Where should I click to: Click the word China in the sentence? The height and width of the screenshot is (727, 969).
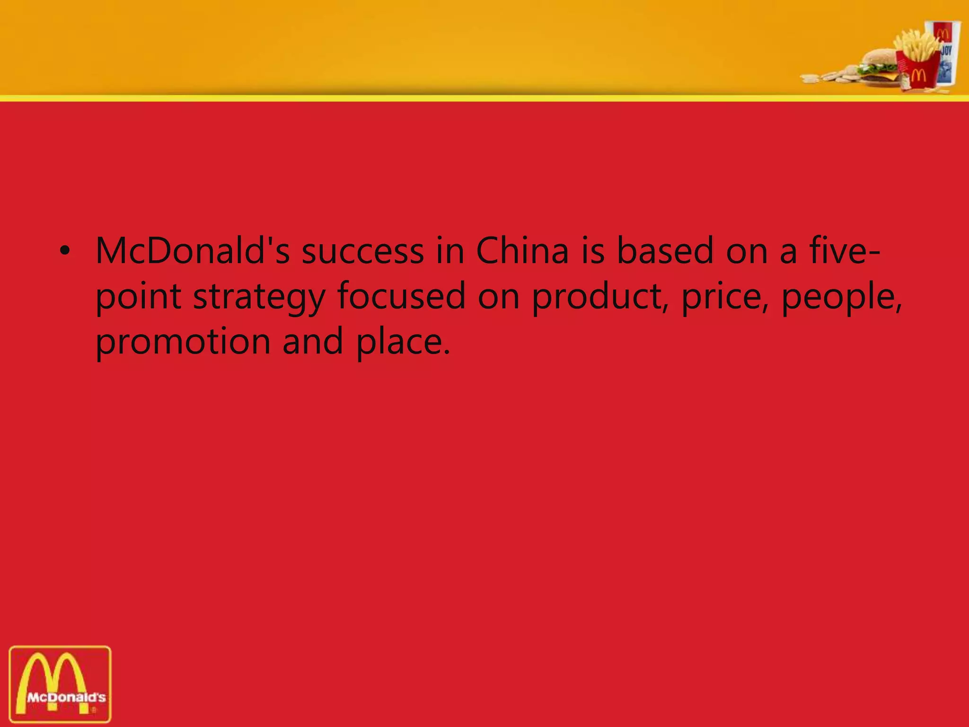tap(522, 251)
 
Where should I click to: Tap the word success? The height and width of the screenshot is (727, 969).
tap(363, 251)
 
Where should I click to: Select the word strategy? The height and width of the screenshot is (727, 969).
tap(259, 297)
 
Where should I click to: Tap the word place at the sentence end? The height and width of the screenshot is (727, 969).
tap(402, 342)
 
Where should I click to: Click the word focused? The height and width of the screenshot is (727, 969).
tap(401, 297)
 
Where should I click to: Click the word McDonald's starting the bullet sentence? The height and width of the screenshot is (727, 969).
tap(193, 251)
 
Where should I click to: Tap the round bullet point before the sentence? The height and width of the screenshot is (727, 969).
tap(65, 251)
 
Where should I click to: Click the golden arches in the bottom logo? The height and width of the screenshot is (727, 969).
tap(53, 674)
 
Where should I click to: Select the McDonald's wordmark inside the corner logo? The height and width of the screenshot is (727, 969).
tap(66, 697)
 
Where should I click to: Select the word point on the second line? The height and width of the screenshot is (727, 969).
tap(139, 297)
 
